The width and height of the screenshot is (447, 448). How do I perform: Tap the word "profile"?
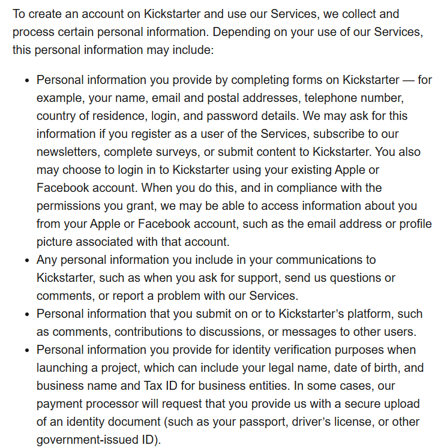click(x=413, y=224)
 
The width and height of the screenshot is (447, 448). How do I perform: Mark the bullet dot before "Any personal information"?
click(x=26, y=260)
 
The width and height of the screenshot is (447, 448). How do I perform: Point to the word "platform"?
click(x=368, y=314)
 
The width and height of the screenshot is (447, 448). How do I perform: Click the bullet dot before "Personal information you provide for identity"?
click(x=26, y=350)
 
